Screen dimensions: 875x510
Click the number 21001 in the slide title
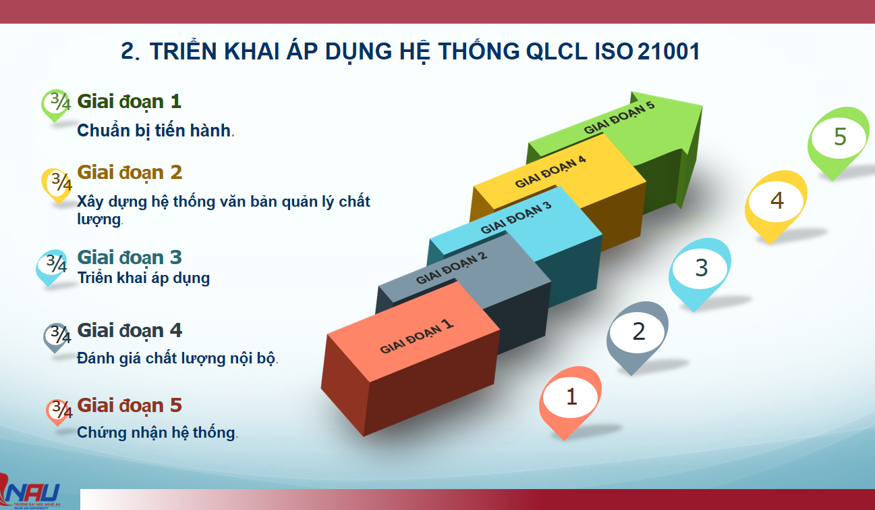click(669, 51)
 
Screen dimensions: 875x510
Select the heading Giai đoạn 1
click(130, 102)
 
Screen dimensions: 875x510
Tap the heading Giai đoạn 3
click(130, 258)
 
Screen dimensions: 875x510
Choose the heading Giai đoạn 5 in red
click(130, 405)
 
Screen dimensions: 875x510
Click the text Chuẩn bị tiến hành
click(155, 131)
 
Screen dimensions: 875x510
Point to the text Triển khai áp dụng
click(144, 278)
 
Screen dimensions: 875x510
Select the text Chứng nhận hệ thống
click(157, 432)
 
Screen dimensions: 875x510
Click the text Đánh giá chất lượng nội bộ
click(177, 358)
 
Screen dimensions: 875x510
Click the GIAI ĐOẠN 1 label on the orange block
click(416, 336)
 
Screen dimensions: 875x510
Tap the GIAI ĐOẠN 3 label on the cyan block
click(515, 218)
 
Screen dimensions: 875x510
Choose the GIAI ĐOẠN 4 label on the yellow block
click(551, 172)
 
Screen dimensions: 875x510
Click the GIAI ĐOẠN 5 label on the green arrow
click(619, 118)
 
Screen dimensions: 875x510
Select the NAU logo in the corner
click(30, 491)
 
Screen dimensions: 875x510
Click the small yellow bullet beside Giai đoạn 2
click(57, 184)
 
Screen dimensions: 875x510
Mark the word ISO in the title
click(614, 51)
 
